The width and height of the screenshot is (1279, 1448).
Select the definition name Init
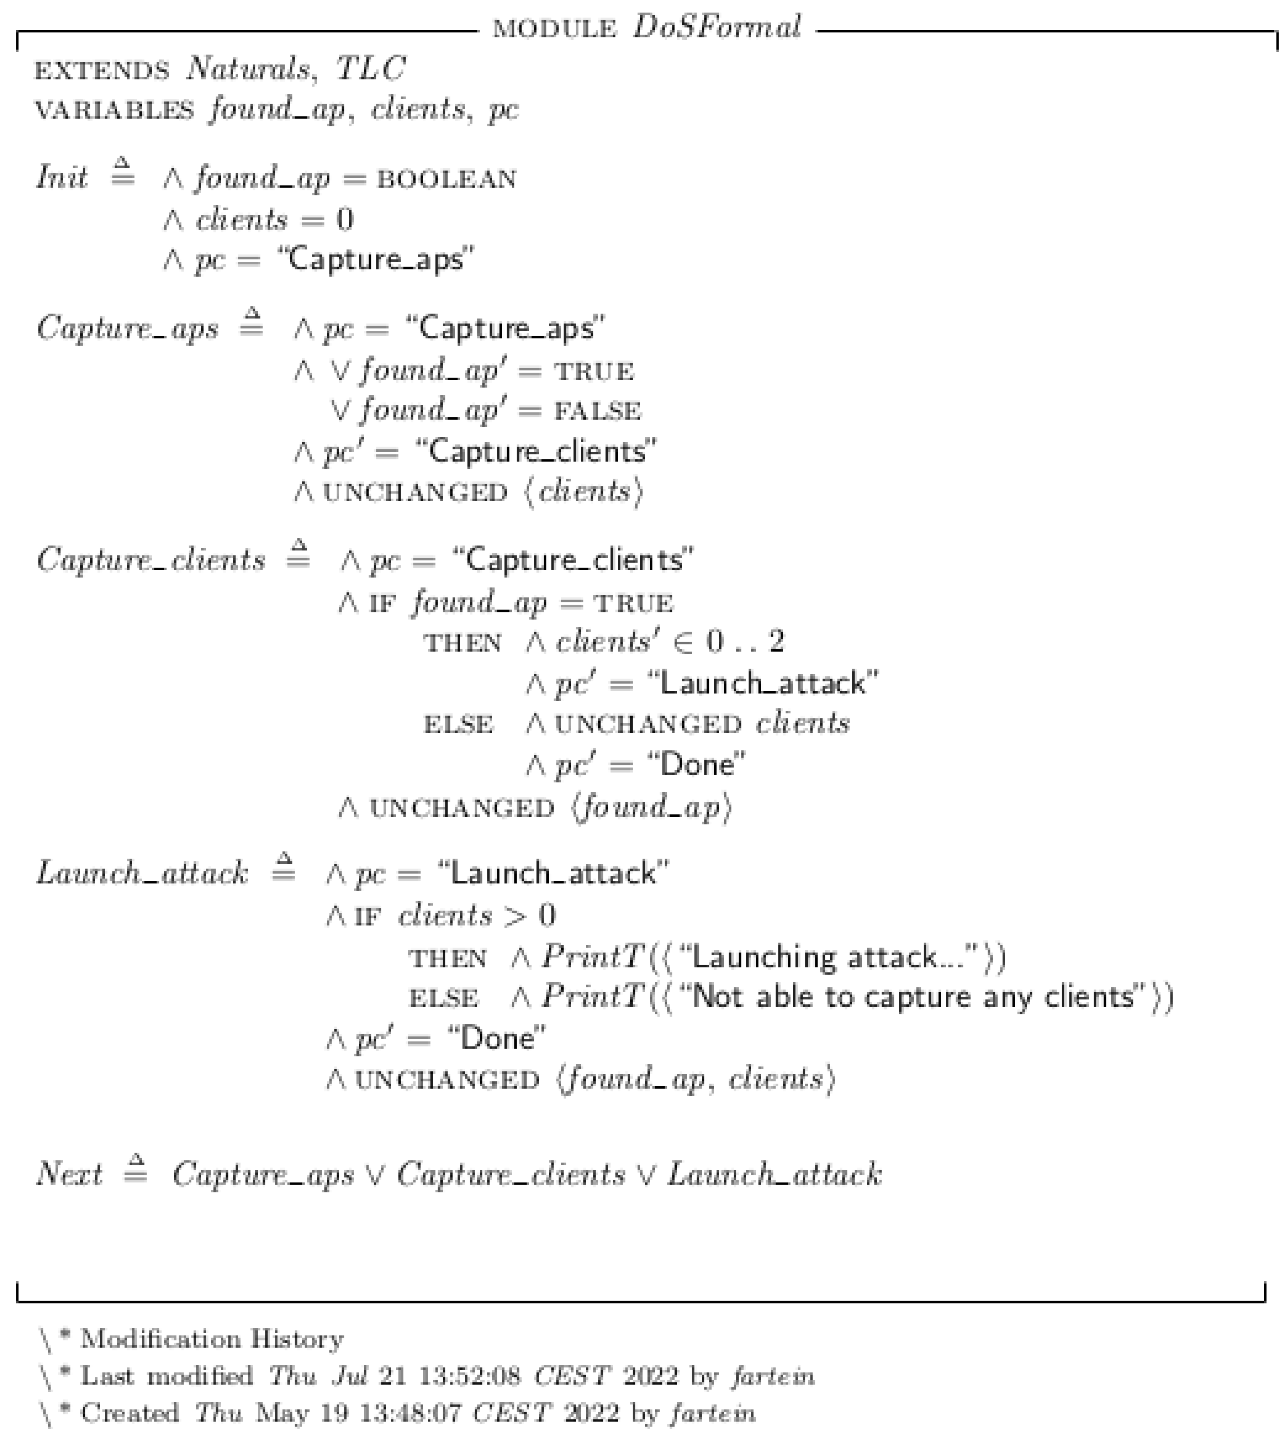62,177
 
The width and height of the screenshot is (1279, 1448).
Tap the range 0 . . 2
745,642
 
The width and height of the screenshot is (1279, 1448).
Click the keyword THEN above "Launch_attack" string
462,643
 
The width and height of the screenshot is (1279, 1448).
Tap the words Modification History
212,1339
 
